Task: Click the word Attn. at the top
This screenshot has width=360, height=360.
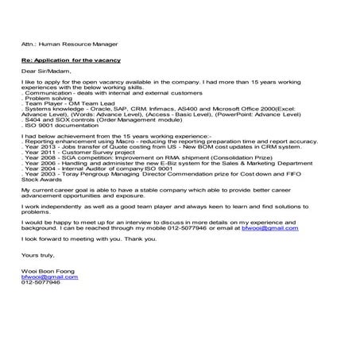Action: (29, 45)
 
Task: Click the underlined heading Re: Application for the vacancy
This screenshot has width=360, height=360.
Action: (68, 59)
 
